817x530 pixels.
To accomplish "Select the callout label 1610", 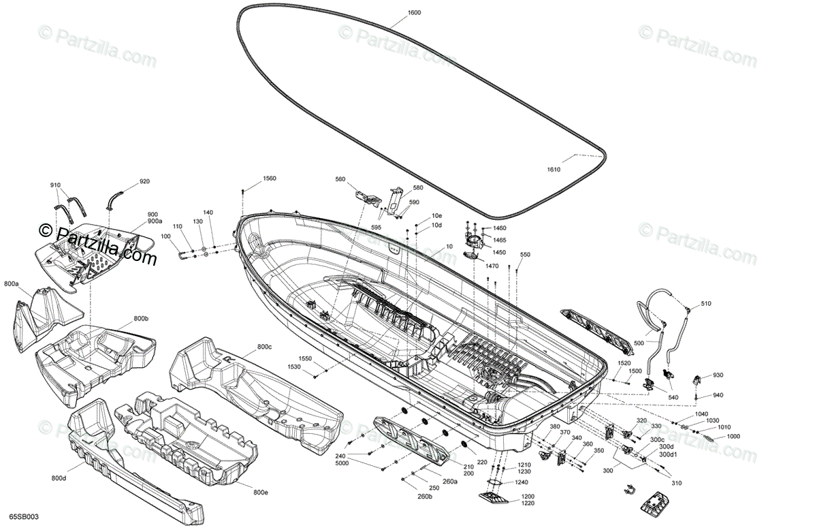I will click(552, 170).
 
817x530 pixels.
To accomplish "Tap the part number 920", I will click(144, 182).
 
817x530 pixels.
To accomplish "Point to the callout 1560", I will click(270, 178).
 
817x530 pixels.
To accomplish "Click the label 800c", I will click(264, 347).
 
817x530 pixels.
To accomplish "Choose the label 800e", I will click(261, 493).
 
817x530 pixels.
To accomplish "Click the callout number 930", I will click(718, 375).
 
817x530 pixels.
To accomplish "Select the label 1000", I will click(733, 437).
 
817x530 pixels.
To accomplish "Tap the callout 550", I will click(525, 255).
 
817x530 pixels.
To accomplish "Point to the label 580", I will click(417, 188).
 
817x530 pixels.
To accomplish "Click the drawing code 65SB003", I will click(24, 517).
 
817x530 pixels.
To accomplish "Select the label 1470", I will click(492, 266).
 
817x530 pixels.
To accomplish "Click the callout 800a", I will click(11, 283).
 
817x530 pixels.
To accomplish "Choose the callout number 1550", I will click(304, 358).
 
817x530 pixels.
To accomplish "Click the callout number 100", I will click(166, 236).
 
